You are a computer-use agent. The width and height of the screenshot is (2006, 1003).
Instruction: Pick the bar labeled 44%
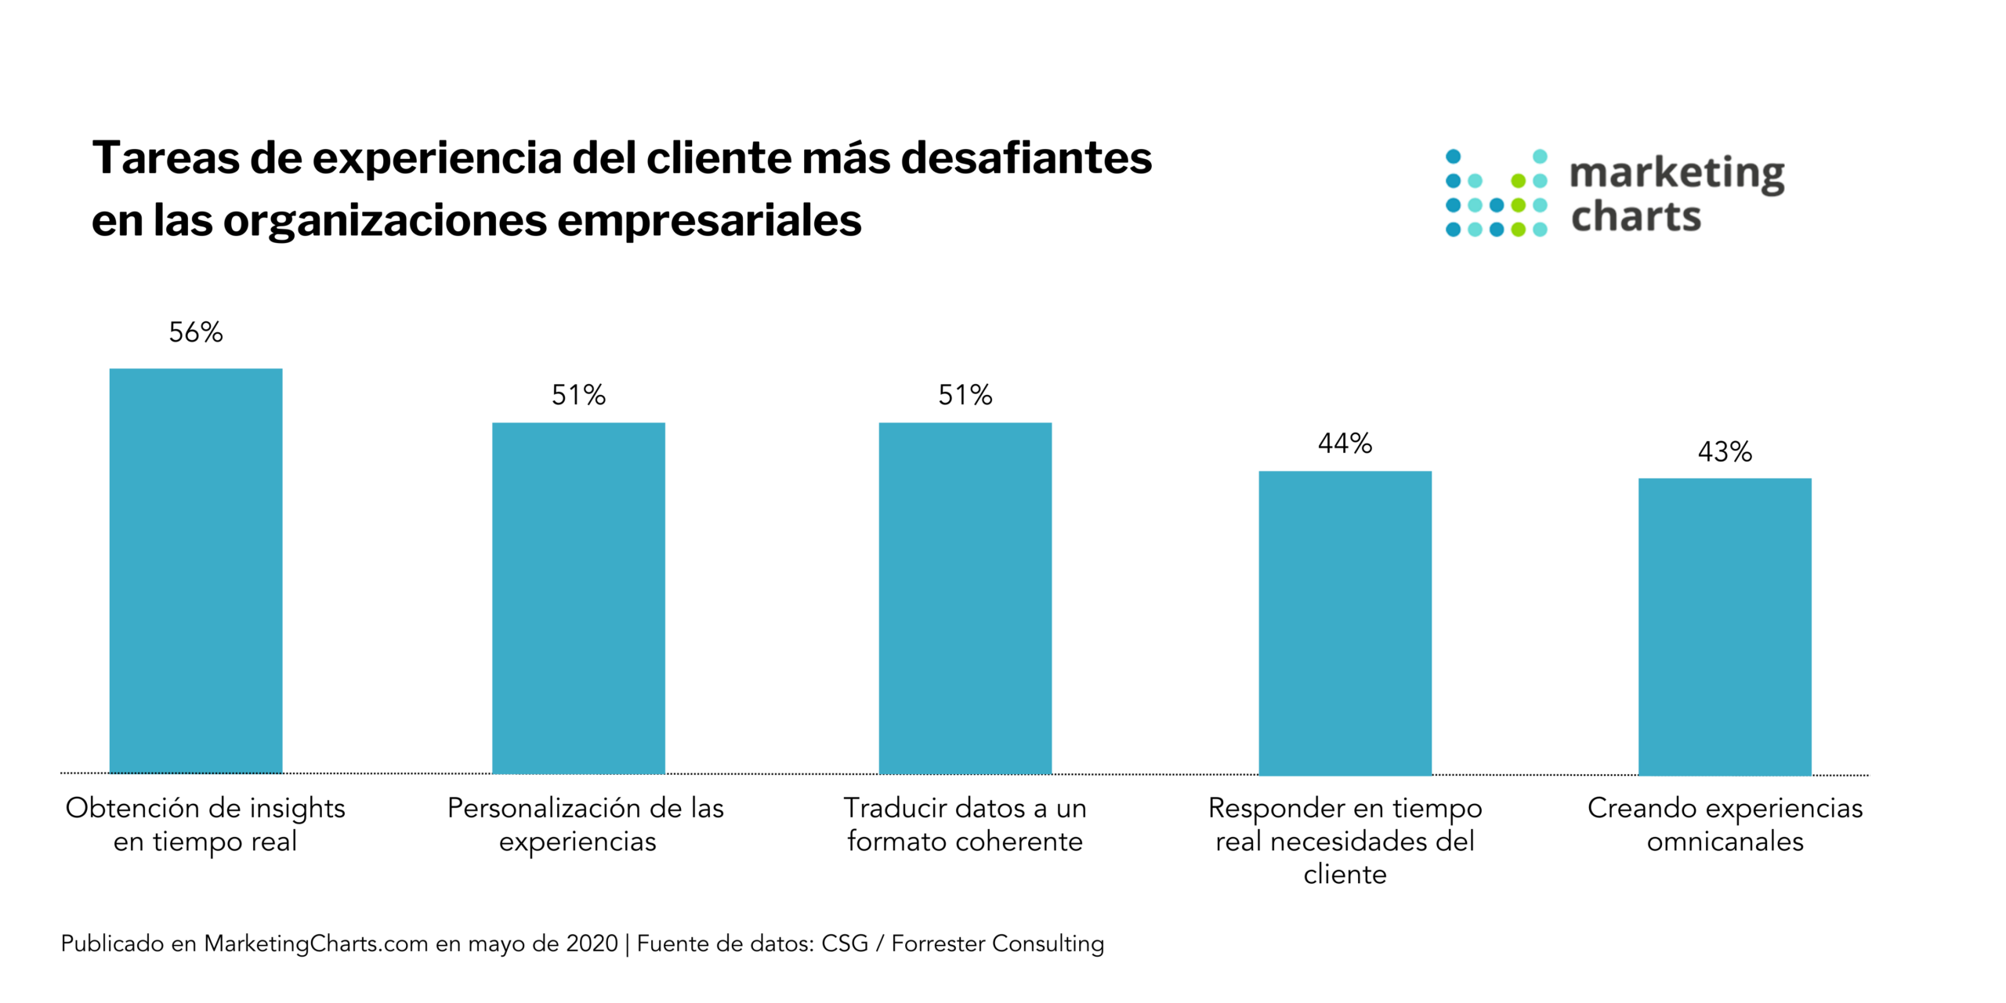[1345, 622]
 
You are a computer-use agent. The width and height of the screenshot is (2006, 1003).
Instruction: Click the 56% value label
[195, 332]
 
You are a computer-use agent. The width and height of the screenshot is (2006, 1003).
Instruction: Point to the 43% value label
[1725, 451]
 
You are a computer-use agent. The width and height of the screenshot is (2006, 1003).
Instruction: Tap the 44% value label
[1345, 444]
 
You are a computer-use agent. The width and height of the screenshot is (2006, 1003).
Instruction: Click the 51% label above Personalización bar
[578, 395]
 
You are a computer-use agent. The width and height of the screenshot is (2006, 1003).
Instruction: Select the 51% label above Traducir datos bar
[965, 395]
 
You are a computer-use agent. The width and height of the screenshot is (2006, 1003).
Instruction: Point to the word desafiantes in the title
[1026, 158]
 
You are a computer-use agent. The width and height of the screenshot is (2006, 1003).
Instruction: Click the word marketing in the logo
[1677, 173]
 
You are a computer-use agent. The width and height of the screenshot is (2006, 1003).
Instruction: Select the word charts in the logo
[1636, 216]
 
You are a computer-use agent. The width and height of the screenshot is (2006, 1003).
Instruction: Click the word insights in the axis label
[297, 808]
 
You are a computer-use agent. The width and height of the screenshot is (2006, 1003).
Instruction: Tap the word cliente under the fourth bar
[1345, 874]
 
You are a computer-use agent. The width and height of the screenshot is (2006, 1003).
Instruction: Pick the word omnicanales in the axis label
[1725, 842]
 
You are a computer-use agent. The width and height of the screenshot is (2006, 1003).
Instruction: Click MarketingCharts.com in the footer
[316, 943]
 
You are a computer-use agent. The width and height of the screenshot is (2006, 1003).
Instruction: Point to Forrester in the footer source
[937, 943]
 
